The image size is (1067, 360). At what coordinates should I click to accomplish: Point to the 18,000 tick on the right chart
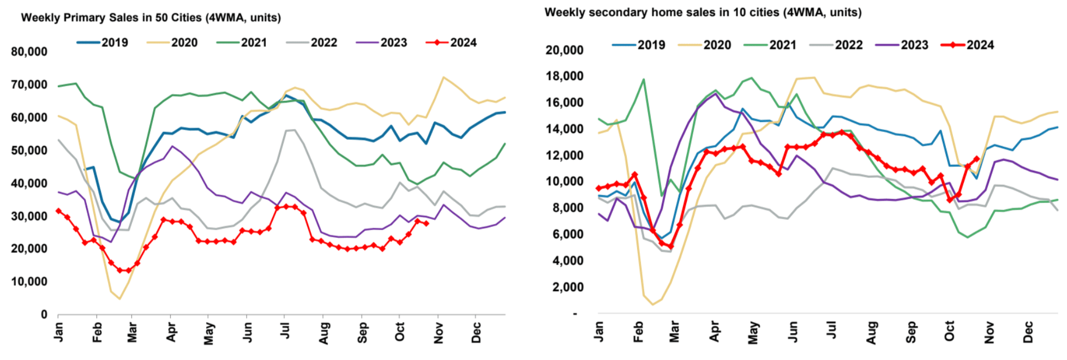[x=565, y=76]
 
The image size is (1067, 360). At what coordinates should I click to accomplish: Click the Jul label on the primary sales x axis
[x=284, y=331]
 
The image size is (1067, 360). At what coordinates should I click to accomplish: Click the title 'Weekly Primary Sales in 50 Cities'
[x=151, y=17]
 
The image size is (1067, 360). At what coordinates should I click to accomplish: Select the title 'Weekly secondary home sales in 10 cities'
[x=703, y=12]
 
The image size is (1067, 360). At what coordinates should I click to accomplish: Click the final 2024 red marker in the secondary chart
[x=976, y=159]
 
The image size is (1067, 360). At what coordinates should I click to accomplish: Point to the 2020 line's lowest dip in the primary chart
[x=119, y=298]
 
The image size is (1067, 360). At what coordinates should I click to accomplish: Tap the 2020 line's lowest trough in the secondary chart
[x=652, y=304]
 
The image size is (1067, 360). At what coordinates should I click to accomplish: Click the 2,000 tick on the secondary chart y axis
[x=568, y=287]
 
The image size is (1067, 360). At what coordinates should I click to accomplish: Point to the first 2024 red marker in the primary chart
[x=58, y=211]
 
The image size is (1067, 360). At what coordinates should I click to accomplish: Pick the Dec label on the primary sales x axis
[x=476, y=332]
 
